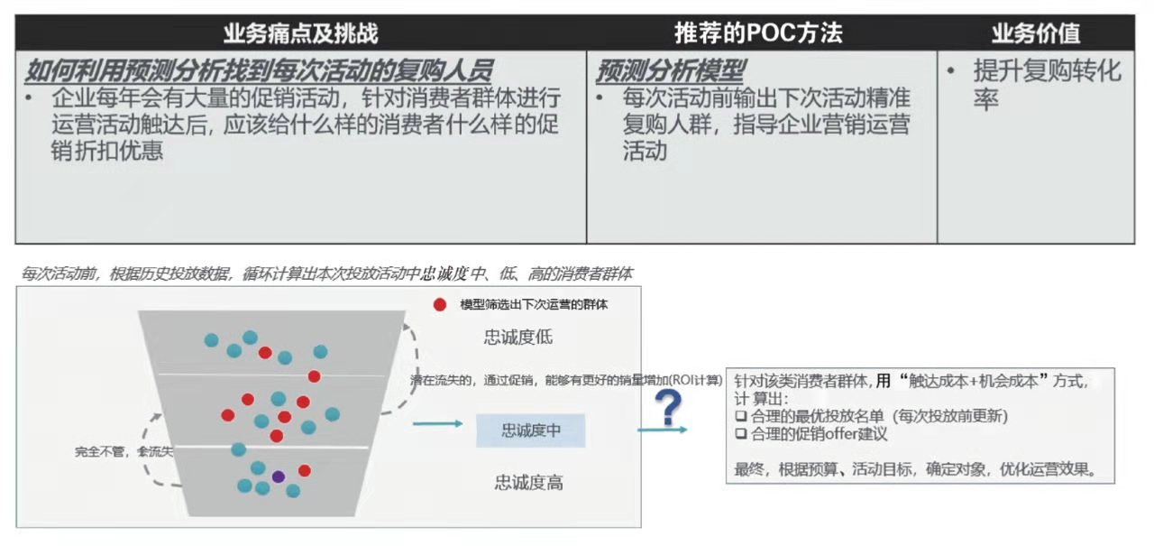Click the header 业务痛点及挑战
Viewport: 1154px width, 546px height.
pyautogui.click(x=300, y=33)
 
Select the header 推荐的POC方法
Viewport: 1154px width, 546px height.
pyautogui.click(x=758, y=33)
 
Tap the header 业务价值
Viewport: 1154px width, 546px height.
pyautogui.click(x=1036, y=33)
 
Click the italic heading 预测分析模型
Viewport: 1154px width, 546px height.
pyautogui.click(x=670, y=70)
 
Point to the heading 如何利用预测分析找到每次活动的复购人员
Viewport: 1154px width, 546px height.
pyautogui.click(x=259, y=70)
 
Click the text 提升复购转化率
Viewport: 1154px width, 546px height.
pyautogui.click(x=1047, y=85)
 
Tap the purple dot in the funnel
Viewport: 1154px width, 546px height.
pyautogui.click(x=279, y=477)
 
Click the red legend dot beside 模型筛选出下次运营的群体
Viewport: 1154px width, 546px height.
pyautogui.click(x=439, y=305)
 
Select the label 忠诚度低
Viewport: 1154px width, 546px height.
pyautogui.click(x=517, y=338)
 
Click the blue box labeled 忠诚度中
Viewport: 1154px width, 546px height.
pyautogui.click(x=531, y=430)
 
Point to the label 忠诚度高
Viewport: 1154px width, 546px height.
pyautogui.click(x=528, y=483)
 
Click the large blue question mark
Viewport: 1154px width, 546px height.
pyautogui.click(x=668, y=407)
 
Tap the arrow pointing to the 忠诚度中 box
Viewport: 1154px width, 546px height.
pyautogui.click(x=438, y=424)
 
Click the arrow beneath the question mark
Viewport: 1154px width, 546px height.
pyautogui.click(x=663, y=430)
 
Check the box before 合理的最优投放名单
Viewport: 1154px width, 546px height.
pyautogui.click(x=741, y=415)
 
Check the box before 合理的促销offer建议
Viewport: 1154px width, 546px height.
pyautogui.click(x=741, y=433)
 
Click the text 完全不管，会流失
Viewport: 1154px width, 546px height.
pyautogui.click(x=124, y=452)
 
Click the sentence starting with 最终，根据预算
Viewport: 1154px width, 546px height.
pyautogui.click(x=915, y=469)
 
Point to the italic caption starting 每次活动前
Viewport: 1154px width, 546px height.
pyautogui.click(x=326, y=273)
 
